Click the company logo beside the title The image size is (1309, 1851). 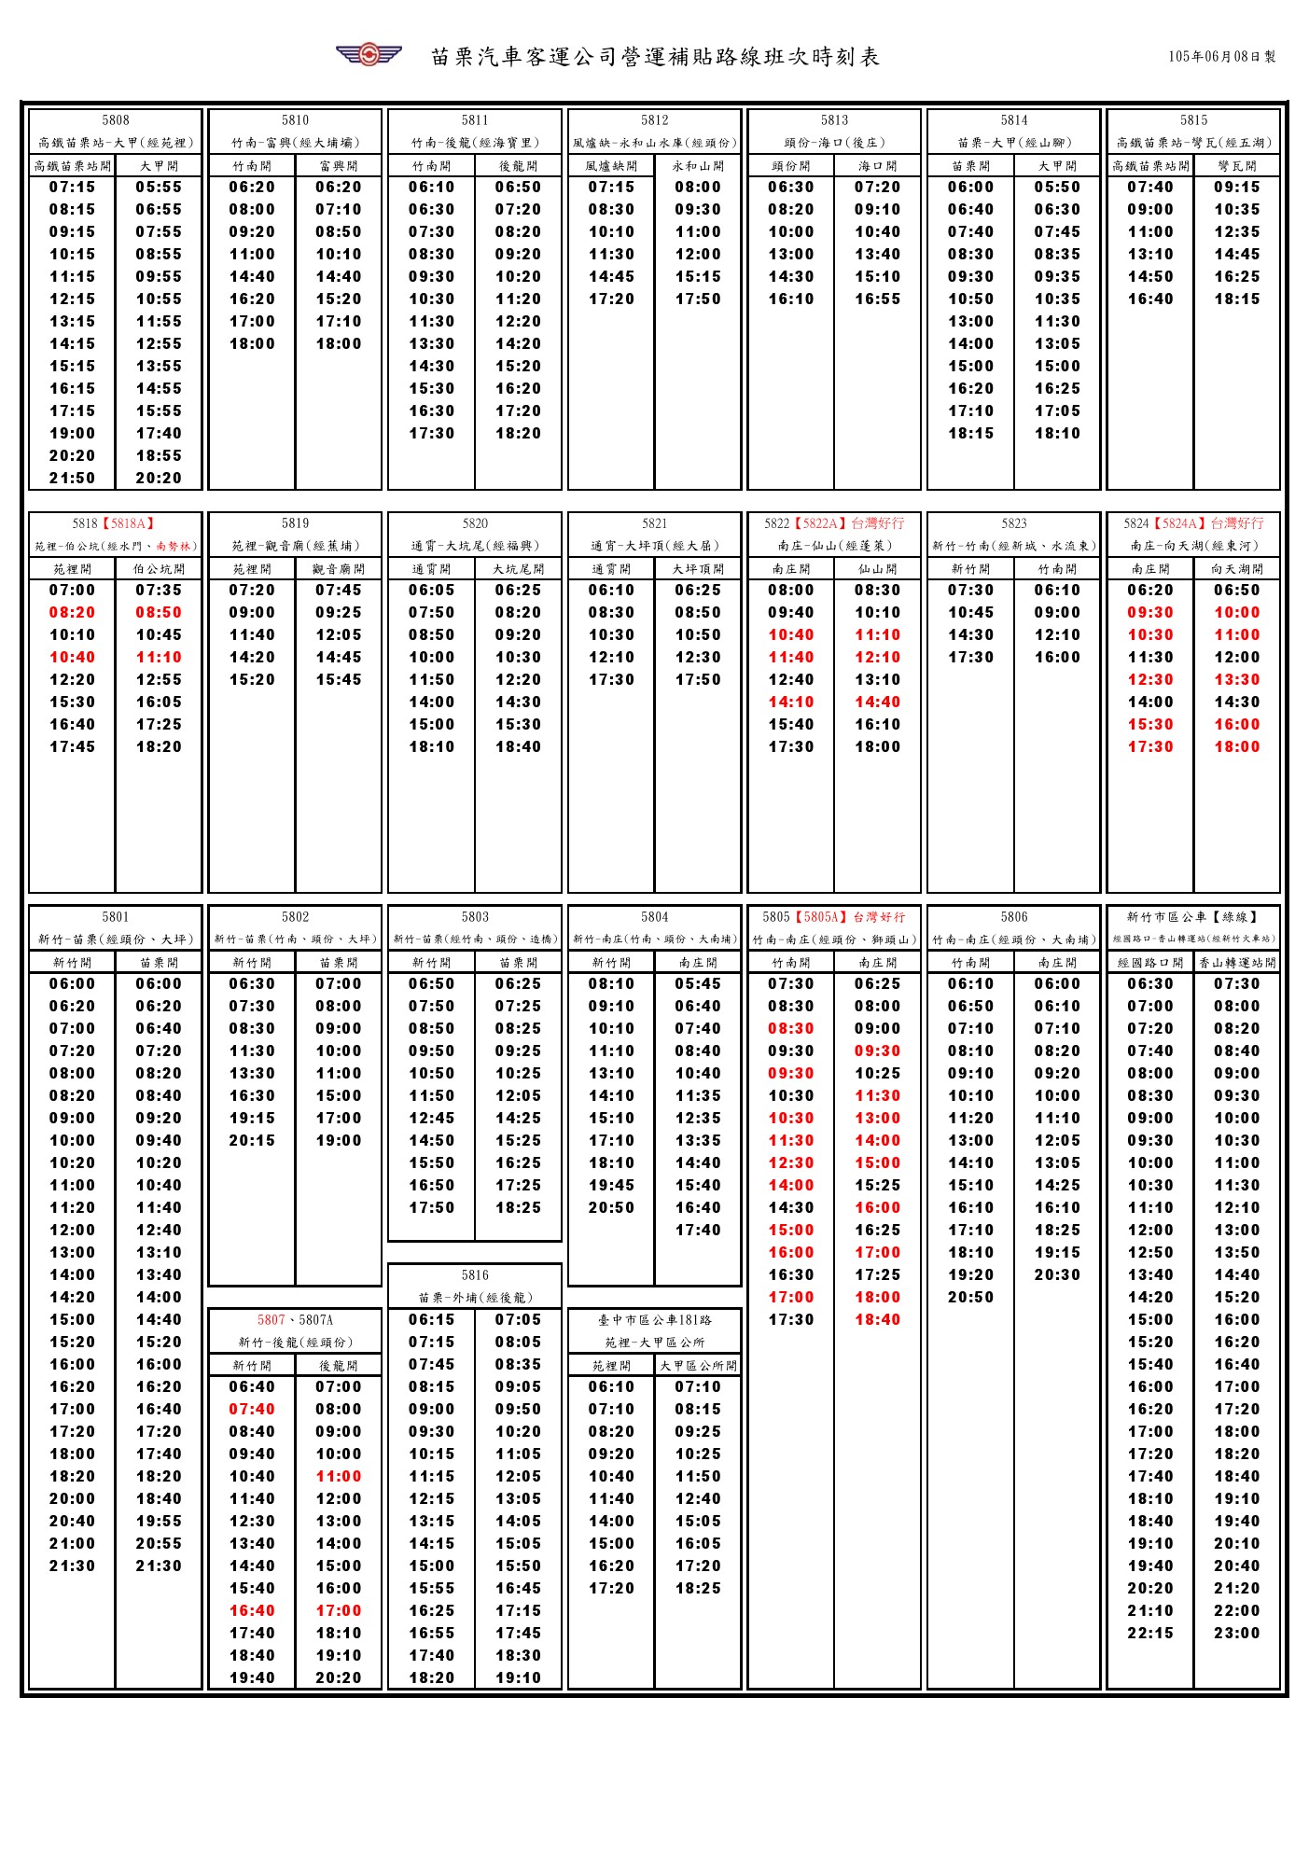[369, 54]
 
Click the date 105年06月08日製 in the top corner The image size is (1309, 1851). [1221, 57]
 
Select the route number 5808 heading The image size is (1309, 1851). [116, 120]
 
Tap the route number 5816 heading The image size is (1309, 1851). [475, 1275]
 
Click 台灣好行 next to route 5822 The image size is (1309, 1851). [877, 524]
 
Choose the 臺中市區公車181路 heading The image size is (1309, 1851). [654, 1320]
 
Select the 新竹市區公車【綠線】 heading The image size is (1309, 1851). [1192, 917]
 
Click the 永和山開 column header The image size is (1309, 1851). [698, 166]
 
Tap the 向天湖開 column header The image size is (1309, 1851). [1237, 569]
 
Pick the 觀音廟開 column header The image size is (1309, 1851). [339, 569]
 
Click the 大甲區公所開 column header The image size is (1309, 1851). [698, 1366]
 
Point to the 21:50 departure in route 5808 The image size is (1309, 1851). [73, 479]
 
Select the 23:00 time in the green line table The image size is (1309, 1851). [1237, 1634]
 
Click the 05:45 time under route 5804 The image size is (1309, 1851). [698, 984]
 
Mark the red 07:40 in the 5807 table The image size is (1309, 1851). [252, 1410]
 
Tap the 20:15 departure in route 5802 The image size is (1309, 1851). [252, 1141]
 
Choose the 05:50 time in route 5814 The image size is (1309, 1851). [1057, 188]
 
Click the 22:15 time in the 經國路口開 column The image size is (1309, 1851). [1150, 1634]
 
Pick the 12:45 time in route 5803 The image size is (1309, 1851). [432, 1119]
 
